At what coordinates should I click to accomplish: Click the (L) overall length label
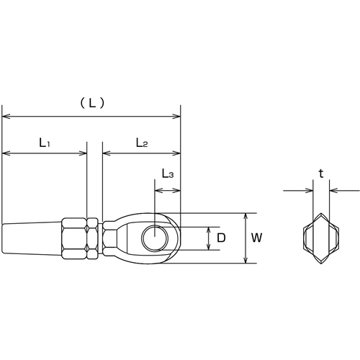(x=92, y=103)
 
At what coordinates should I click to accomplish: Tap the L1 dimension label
(x=45, y=143)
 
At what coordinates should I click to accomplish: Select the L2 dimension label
(x=142, y=143)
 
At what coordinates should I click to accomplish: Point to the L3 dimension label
(x=168, y=174)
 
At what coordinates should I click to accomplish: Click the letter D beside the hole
(x=221, y=238)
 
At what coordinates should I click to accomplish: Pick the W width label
(x=256, y=238)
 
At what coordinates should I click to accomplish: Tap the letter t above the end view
(x=321, y=174)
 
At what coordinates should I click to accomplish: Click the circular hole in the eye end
(x=155, y=238)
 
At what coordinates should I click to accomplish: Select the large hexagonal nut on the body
(x=74, y=238)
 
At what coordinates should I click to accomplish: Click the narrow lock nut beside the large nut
(x=92, y=238)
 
